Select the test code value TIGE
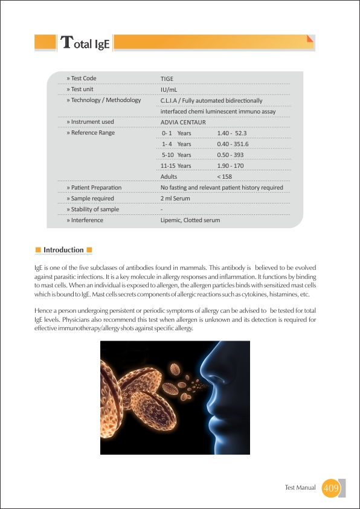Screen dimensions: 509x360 (x=167, y=78)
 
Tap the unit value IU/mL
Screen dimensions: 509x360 (x=169, y=89)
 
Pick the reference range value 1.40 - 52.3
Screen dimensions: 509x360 (x=232, y=133)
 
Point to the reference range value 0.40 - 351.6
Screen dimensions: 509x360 (x=233, y=144)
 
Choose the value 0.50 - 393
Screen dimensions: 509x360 (x=230, y=155)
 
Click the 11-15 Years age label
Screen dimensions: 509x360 (x=176, y=166)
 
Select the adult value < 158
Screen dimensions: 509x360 (x=224, y=177)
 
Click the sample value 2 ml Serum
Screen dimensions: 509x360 (x=175, y=198)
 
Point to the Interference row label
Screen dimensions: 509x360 (x=85, y=220)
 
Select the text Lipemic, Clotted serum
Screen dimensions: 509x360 (x=190, y=220)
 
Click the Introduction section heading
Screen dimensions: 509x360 (x=63, y=250)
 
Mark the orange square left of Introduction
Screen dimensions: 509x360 (x=38, y=250)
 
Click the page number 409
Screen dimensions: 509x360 (x=331, y=488)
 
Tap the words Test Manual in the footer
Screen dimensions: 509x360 (x=300, y=488)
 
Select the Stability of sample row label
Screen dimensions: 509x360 (x=92, y=210)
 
